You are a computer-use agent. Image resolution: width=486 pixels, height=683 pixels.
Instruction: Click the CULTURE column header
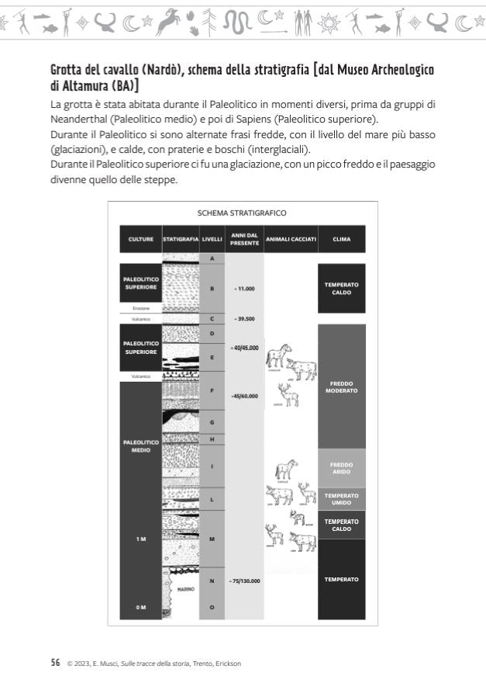pyautogui.click(x=140, y=239)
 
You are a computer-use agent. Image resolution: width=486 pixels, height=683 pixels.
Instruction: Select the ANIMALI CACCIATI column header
pyautogui.click(x=291, y=239)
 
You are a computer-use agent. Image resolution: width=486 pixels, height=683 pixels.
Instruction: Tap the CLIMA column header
pyautogui.click(x=341, y=239)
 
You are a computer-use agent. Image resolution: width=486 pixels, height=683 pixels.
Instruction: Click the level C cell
pyautogui.click(x=212, y=318)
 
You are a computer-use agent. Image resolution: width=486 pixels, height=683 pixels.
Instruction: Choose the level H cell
pyautogui.click(x=212, y=439)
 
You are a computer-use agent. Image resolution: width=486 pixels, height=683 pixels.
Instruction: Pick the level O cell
pyautogui.click(x=212, y=607)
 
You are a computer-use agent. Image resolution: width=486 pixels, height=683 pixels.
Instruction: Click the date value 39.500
pyautogui.click(x=245, y=318)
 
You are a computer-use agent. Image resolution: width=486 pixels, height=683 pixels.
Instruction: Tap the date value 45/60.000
pyautogui.click(x=245, y=397)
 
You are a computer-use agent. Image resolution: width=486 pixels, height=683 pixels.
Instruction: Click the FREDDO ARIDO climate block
pyautogui.click(x=341, y=467)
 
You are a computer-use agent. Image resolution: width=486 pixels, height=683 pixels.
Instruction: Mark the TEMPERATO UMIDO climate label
pyautogui.click(x=341, y=498)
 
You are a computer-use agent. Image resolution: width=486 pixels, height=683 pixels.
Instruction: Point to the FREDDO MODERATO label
pyautogui.click(x=341, y=387)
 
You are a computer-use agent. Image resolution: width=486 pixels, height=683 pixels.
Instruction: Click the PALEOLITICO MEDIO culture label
pyautogui.click(x=140, y=446)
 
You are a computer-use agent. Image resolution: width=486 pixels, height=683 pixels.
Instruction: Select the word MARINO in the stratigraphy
pyautogui.click(x=185, y=589)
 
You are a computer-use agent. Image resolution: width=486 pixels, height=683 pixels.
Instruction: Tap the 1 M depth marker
pyautogui.click(x=140, y=539)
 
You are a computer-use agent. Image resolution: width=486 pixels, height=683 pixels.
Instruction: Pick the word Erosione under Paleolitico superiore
pyautogui.click(x=140, y=308)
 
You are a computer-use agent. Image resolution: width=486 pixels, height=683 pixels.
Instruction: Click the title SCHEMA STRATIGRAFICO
pyautogui.click(x=242, y=213)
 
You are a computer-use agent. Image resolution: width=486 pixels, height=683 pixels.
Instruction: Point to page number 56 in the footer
pyautogui.click(x=55, y=662)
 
